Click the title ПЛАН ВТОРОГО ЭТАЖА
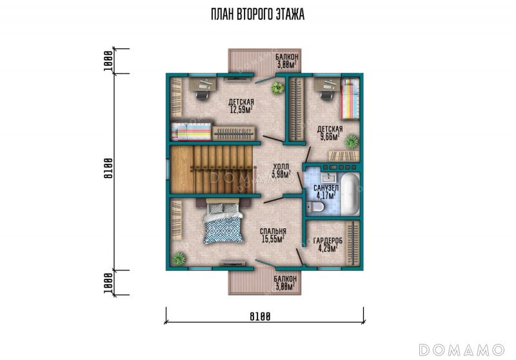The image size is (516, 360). [257, 14]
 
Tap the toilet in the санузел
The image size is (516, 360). [315, 207]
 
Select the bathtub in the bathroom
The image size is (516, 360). [350, 194]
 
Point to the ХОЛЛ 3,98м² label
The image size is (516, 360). [281, 170]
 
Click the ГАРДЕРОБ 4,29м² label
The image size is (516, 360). [328, 245]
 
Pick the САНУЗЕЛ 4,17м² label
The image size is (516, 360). [326, 192]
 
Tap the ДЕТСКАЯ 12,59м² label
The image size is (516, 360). [241, 106]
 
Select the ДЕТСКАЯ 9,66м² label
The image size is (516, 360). [330, 133]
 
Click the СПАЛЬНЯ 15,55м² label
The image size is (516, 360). [273, 235]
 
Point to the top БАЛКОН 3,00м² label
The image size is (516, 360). [287, 61]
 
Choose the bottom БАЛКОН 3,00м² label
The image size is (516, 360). [285, 283]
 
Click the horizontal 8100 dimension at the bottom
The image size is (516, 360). [260, 317]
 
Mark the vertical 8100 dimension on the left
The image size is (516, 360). [108, 168]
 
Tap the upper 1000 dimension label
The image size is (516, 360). [108, 61]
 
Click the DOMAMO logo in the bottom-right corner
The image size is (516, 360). [462, 350]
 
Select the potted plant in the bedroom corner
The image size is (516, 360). [179, 259]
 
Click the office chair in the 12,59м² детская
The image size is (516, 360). [202, 95]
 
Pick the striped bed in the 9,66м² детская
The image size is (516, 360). [350, 99]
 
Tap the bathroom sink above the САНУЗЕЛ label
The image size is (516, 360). [328, 178]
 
